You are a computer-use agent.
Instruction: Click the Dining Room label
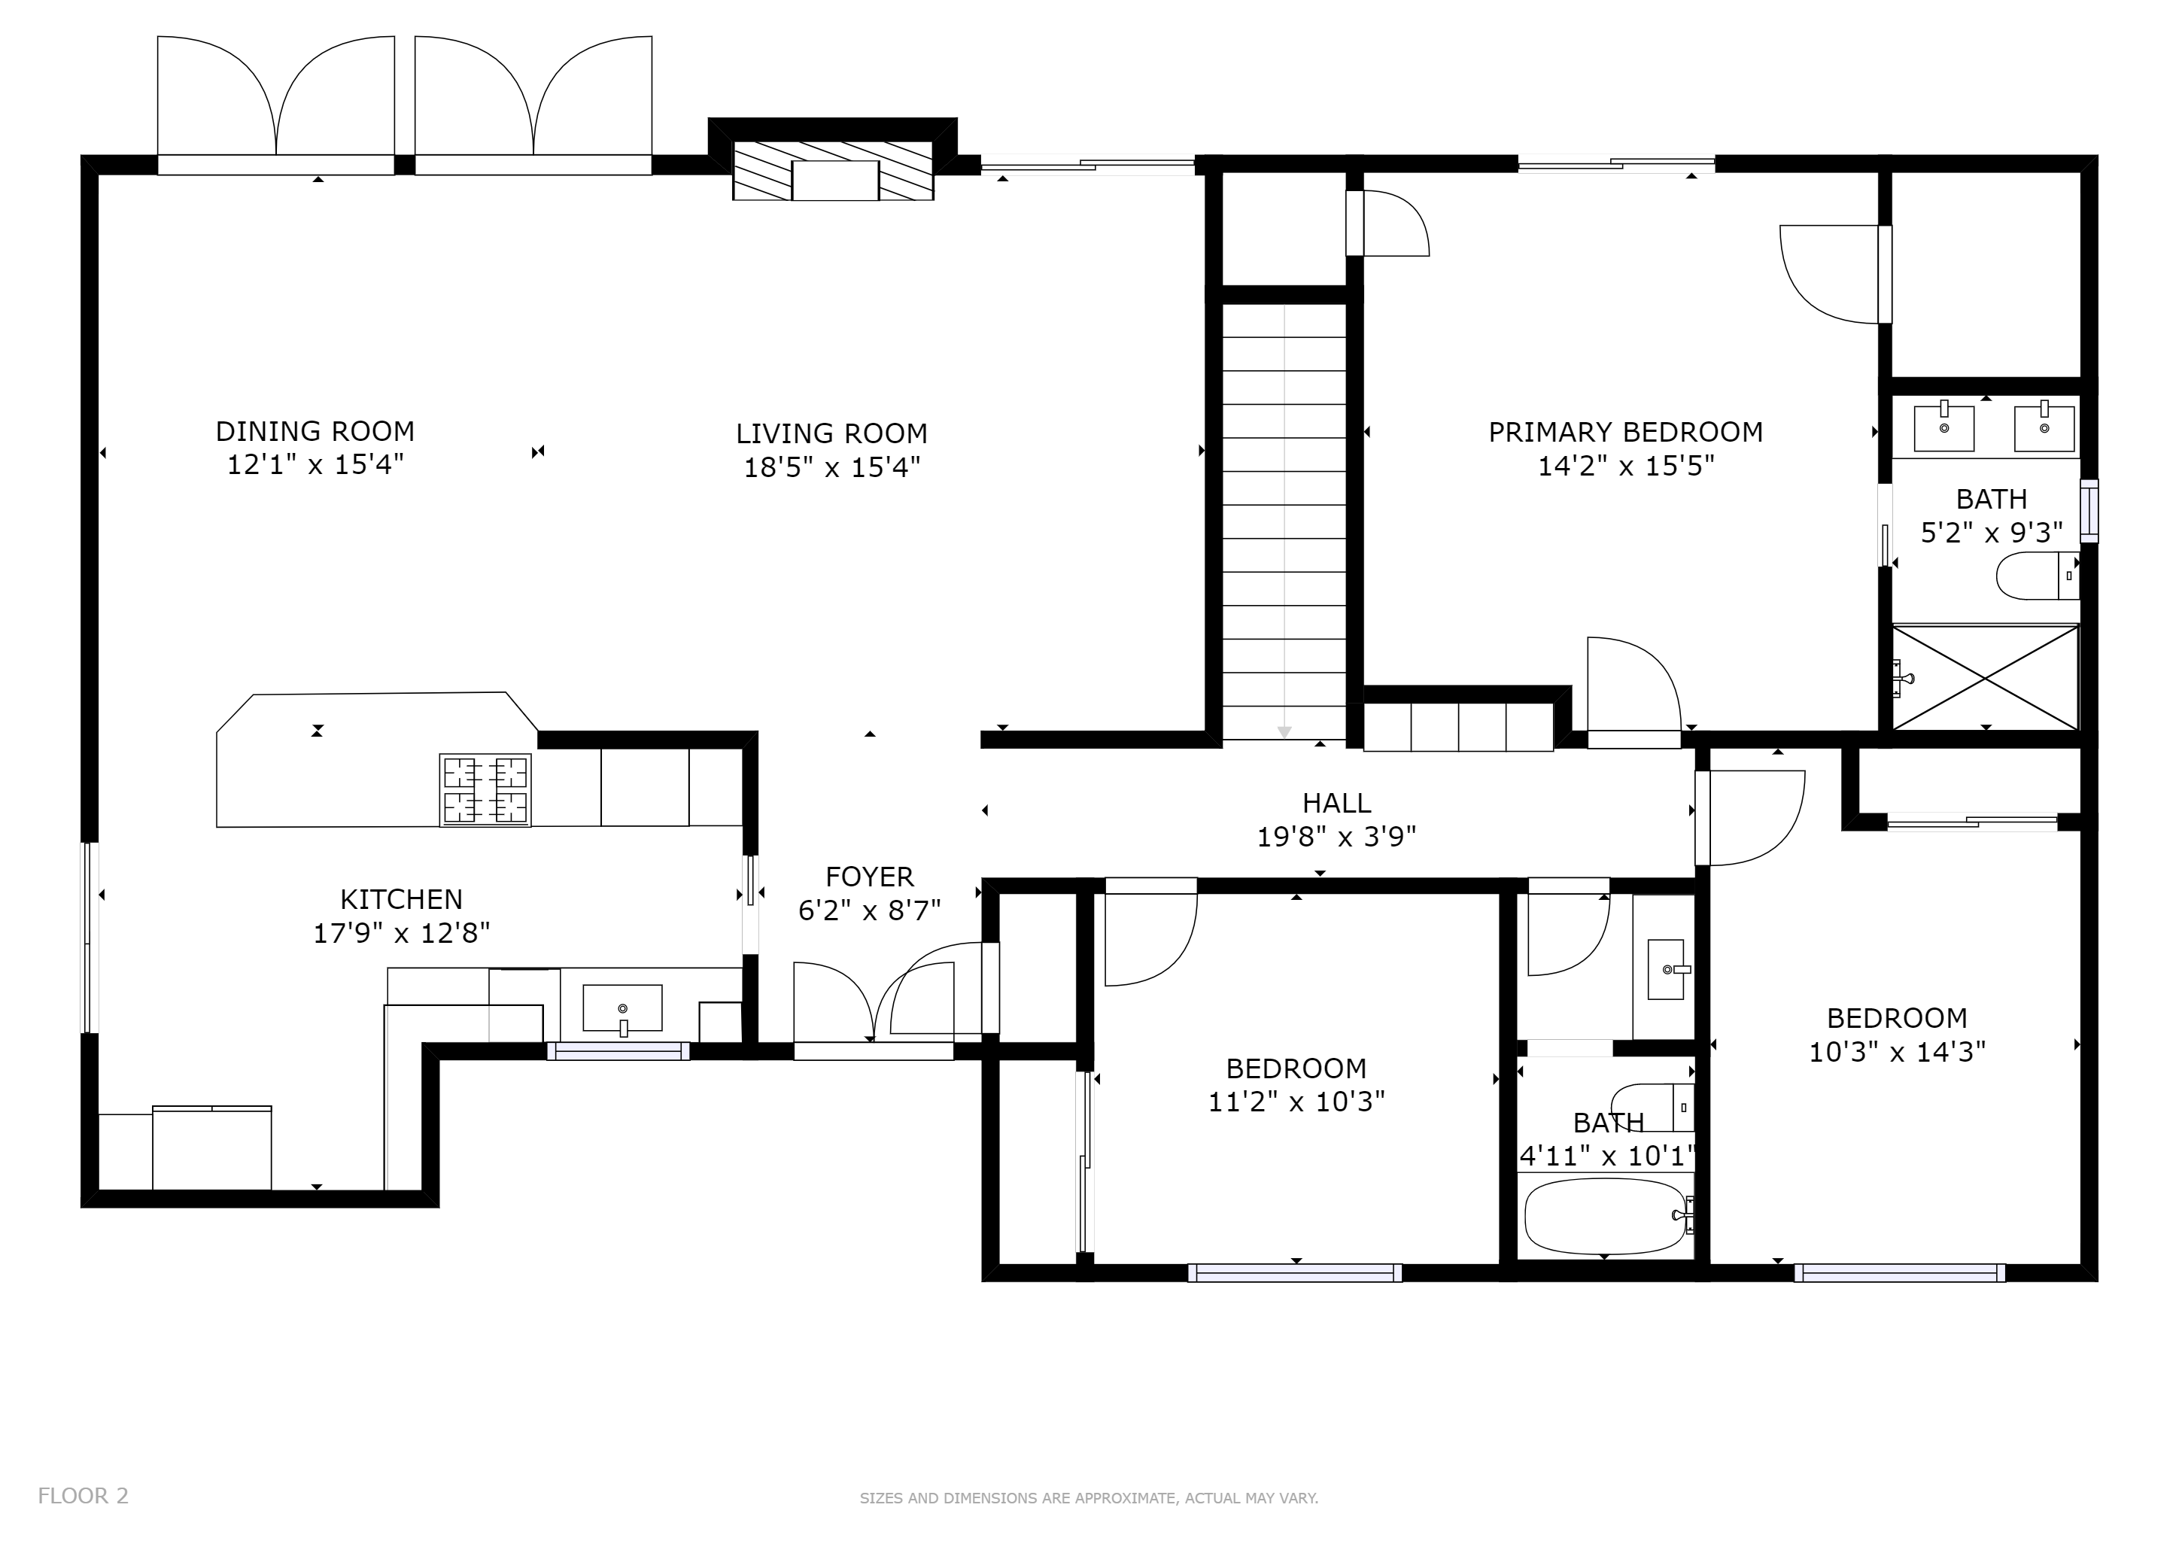click(x=315, y=432)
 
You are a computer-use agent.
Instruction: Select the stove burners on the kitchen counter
click(x=485, y=789)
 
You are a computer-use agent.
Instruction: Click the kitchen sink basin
click(x=622, y=1008)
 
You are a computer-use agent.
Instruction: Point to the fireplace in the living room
click(x=833, y=171)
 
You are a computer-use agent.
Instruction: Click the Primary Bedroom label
click(x=1626, y=433)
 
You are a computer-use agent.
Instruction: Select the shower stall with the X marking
click(x=1986, y=676)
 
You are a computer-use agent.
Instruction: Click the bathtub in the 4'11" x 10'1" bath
click(x=1606, y=1217)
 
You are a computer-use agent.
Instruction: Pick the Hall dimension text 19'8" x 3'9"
click(x=1336, y=837)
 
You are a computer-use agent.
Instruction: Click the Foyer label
click(x=869, y=877)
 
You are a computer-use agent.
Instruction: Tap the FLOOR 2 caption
click(x=84, y=1497)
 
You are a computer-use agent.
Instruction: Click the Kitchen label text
click(x=402, y=900)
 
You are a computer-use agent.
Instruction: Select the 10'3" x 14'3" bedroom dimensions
click(x=1897, y=1053)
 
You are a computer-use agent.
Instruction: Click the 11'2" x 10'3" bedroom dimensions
click(x=1296, y=1102)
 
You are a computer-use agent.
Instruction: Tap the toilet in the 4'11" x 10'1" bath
click(x=1653, y=1108)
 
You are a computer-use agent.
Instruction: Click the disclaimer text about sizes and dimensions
click(x=1089, y=1498)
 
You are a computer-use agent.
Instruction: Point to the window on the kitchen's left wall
click(x=90, y=938)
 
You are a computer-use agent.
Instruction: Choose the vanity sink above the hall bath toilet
click(x=1667, y=970)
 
